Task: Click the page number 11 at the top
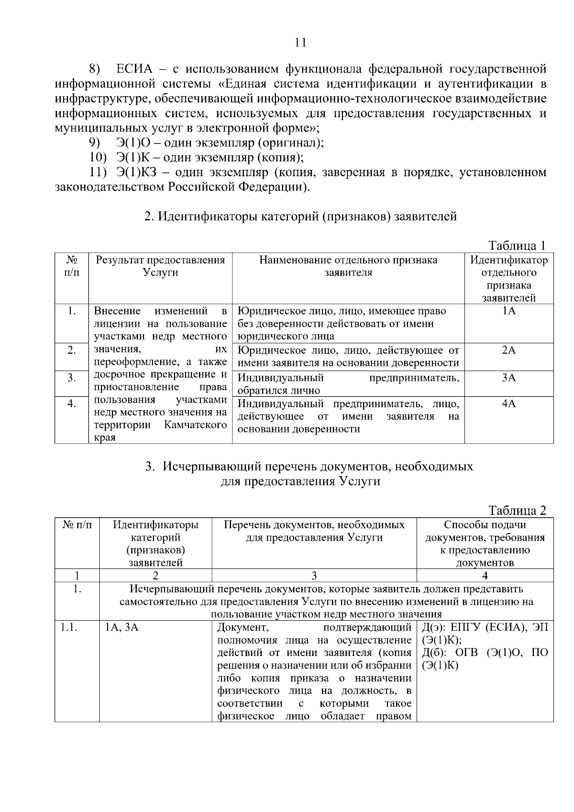[300, 43]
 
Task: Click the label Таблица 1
[517, 246]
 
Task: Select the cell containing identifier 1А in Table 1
[509, 311]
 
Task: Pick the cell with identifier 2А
[509, 351]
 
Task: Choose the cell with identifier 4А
[509, 404]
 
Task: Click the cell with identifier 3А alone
[509, 378]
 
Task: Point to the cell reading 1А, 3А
[122, 627]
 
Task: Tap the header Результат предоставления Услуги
[160, 267]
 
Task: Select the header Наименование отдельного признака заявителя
[348, 267]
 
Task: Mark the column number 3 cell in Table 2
[314, 576]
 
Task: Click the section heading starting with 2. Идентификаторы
[300, 217]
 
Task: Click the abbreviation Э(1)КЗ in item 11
[133, 172]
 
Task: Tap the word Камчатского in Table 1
[195, 425]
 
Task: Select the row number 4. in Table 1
[71, 404]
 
